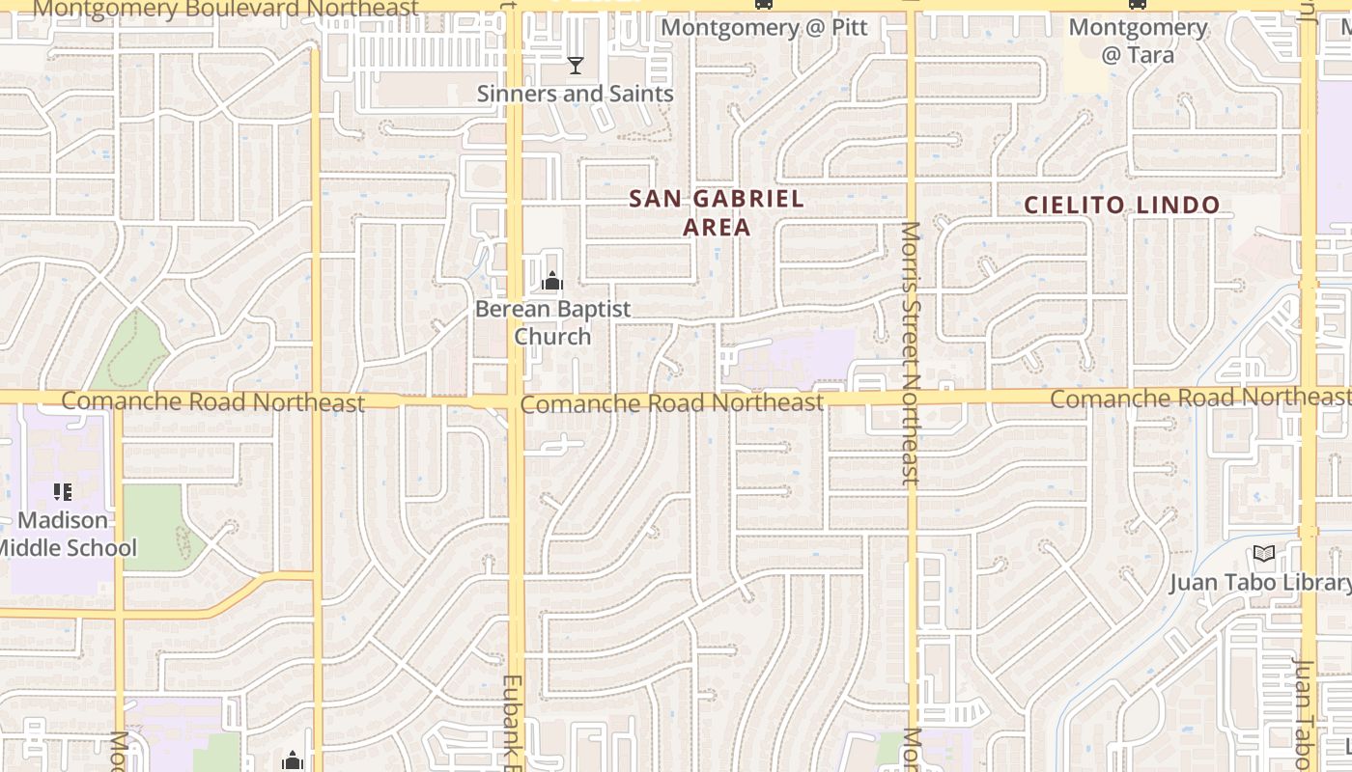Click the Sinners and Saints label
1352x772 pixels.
coord(575,94)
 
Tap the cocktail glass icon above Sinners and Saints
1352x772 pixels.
coord(576,66)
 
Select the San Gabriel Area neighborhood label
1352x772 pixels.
coord(716,212)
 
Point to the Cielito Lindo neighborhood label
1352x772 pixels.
coord(1121,206)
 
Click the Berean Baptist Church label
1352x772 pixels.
coord(552,322)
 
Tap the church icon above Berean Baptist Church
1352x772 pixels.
coord(552,281)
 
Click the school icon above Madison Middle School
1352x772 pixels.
coord(64,492)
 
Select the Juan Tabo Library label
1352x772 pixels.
coord(1259,583)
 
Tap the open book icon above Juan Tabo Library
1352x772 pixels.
coord(1263,554)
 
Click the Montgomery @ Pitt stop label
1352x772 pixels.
coord(764,27)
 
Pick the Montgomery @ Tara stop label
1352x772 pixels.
coord(1138,41)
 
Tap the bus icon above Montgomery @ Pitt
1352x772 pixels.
coord(764,4)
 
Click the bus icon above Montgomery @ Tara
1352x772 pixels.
coord(1138,4)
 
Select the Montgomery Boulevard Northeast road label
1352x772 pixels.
coord(226,9)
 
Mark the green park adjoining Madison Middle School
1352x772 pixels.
coord(153,526)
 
